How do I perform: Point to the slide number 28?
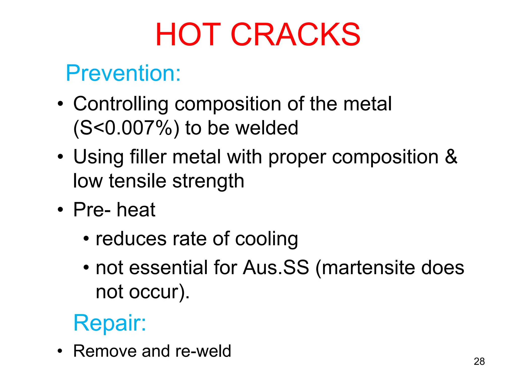pos(479,361)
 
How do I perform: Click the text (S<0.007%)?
pos(126,128)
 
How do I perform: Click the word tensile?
pos(138,181)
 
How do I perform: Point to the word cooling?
pos(266,239)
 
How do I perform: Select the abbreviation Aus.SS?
pos(276,267)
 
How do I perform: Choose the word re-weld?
pos(203,351)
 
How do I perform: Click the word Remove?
pos(105,351)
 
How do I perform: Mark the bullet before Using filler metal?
pos(60,157)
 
